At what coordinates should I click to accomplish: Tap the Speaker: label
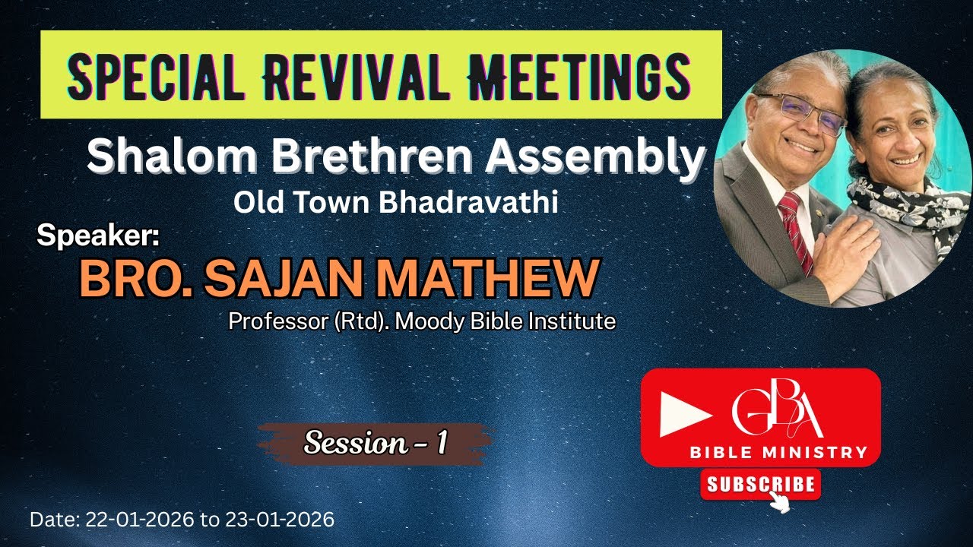point(98,236)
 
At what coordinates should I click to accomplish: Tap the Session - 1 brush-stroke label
point(375,443)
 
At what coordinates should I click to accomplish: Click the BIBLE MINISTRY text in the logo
point(778,453)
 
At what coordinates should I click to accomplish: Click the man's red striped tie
point(795,228)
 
